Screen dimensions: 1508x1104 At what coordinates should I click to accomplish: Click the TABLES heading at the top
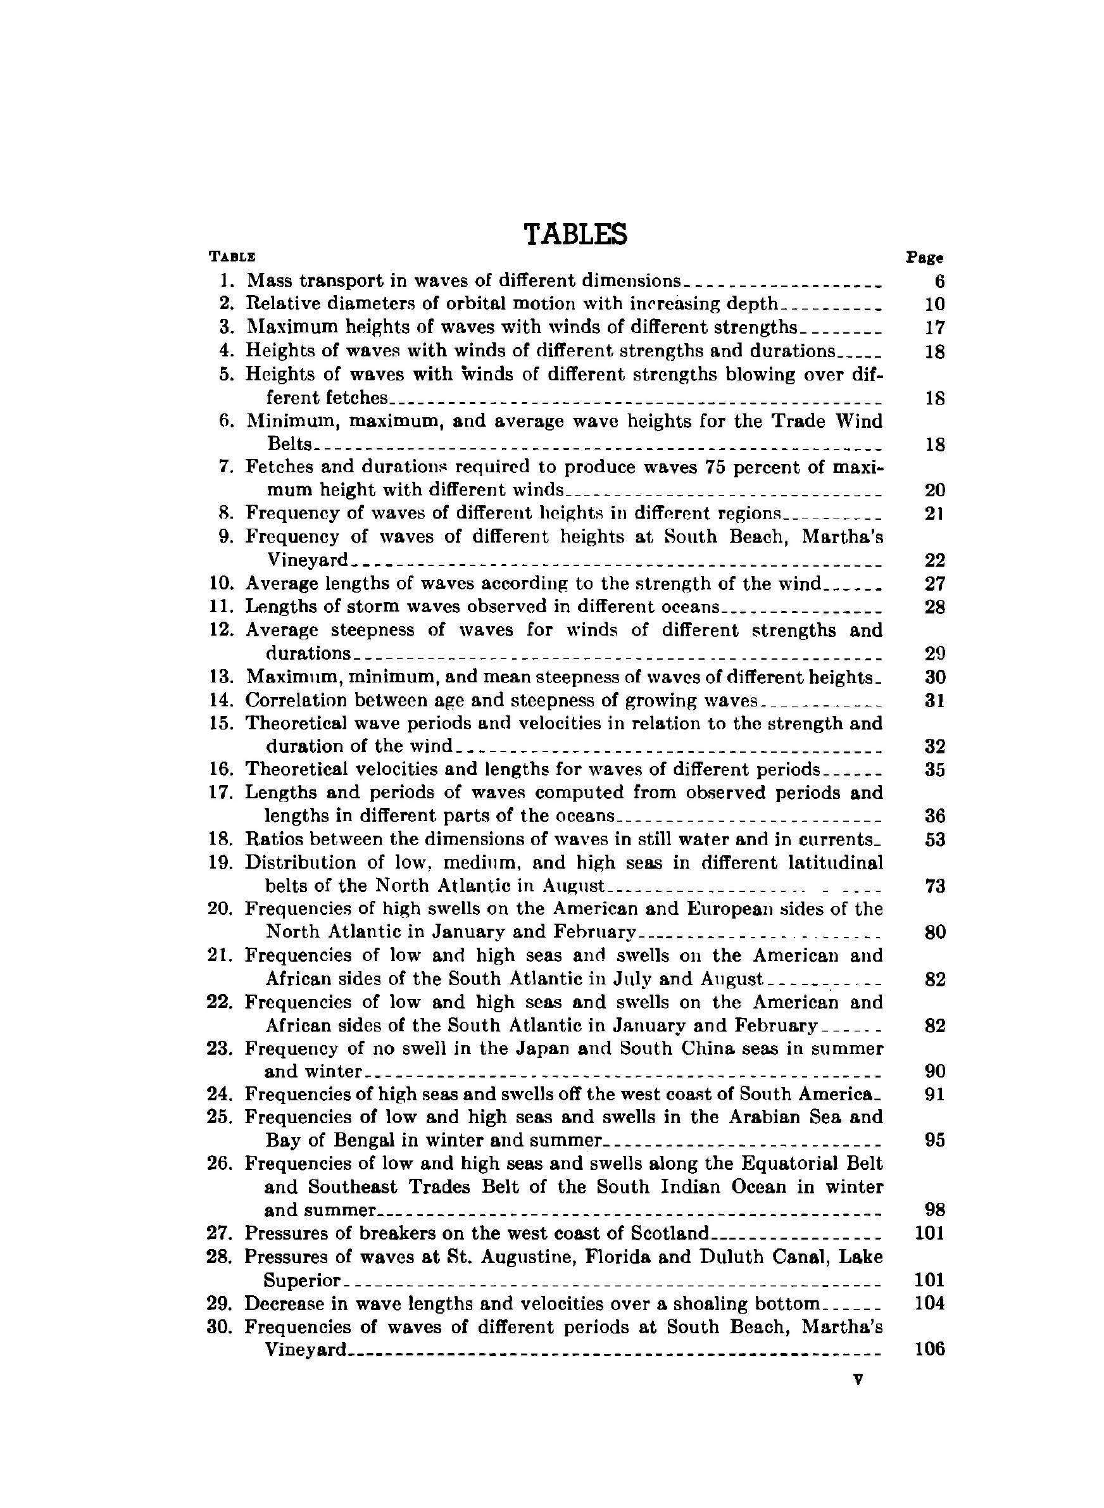575,234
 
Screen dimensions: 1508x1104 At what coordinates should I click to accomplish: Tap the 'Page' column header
924,257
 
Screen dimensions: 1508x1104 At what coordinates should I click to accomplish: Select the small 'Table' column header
232,256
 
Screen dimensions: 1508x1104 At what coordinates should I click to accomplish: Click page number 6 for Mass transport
939,281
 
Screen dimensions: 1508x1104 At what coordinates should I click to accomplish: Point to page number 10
934,305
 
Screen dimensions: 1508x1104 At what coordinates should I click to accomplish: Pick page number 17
934,328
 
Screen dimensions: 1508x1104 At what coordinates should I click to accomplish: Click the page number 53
934,839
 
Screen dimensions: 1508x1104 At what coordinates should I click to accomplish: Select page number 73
934,886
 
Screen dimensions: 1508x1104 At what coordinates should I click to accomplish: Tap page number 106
929,1349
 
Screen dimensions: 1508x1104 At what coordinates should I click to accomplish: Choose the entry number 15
221,724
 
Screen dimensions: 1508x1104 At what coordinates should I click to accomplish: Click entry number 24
220,1094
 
